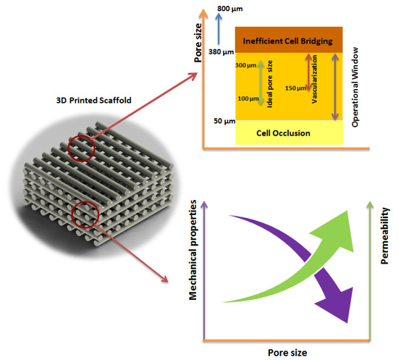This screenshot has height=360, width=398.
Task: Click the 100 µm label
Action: tap(247, 97)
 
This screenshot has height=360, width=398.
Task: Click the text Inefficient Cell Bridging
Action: tap(288, 40)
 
